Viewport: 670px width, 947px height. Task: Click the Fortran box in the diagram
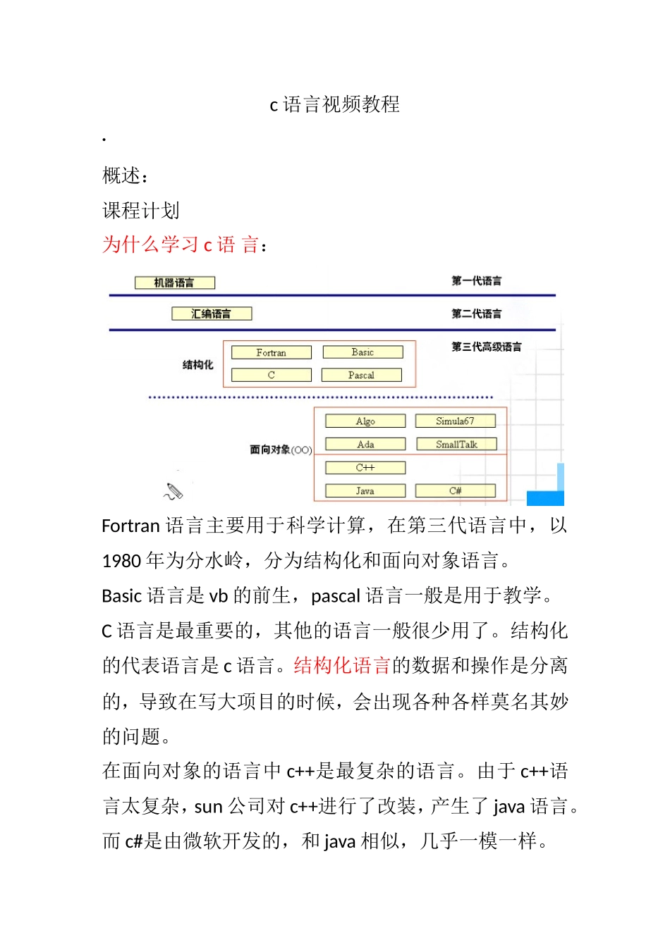coord(272,352)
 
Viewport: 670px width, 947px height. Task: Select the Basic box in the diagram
coord(363,352)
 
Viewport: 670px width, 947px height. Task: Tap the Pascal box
coord(361,375)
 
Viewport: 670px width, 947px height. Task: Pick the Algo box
coord(365,421)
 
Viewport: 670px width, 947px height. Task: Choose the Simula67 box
coord(455,421)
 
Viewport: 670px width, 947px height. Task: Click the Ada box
coord(365,444)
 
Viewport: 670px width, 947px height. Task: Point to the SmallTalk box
coord(456,444)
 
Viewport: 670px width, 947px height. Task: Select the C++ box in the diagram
coord(365,467)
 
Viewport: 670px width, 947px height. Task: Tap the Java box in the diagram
coord(365,490)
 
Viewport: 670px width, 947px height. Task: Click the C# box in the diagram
coord(455,490)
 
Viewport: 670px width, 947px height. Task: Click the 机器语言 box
coord(174,283)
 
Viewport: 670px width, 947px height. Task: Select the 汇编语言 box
coord(212,314)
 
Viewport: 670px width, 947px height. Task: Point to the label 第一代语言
coord(477,281)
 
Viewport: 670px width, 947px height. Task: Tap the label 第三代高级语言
coord(487,347)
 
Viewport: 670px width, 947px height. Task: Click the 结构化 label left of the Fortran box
coord(197,364)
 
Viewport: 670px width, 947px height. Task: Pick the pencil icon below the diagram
coord(173,491)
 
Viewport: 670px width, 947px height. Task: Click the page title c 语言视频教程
coord(335,105)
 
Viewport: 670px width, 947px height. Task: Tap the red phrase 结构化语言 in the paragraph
coord(342,666)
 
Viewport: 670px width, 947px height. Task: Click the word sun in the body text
coord(209,807)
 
